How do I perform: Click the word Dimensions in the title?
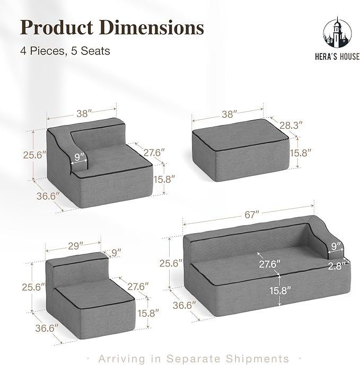pos(152,28)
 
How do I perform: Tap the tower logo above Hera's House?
pos(337,33)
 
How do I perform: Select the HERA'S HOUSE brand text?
pos(337,57)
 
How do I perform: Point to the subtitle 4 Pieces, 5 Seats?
pos(65,51)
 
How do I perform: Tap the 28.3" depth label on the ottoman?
pos(291,126)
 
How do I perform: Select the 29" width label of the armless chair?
pos(75,246)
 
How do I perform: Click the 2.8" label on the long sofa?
pos(336,266)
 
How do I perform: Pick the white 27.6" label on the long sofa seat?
pos(269,264)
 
